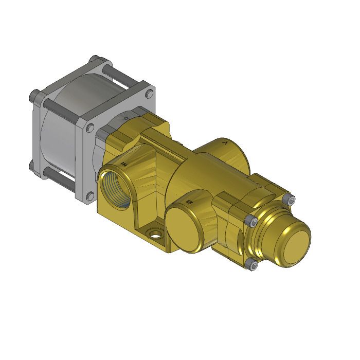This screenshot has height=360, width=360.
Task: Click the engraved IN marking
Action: [x=124, y=164]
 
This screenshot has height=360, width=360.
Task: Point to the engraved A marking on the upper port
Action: [x=225, y=145]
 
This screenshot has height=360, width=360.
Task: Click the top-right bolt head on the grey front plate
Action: [x=149, y=94]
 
